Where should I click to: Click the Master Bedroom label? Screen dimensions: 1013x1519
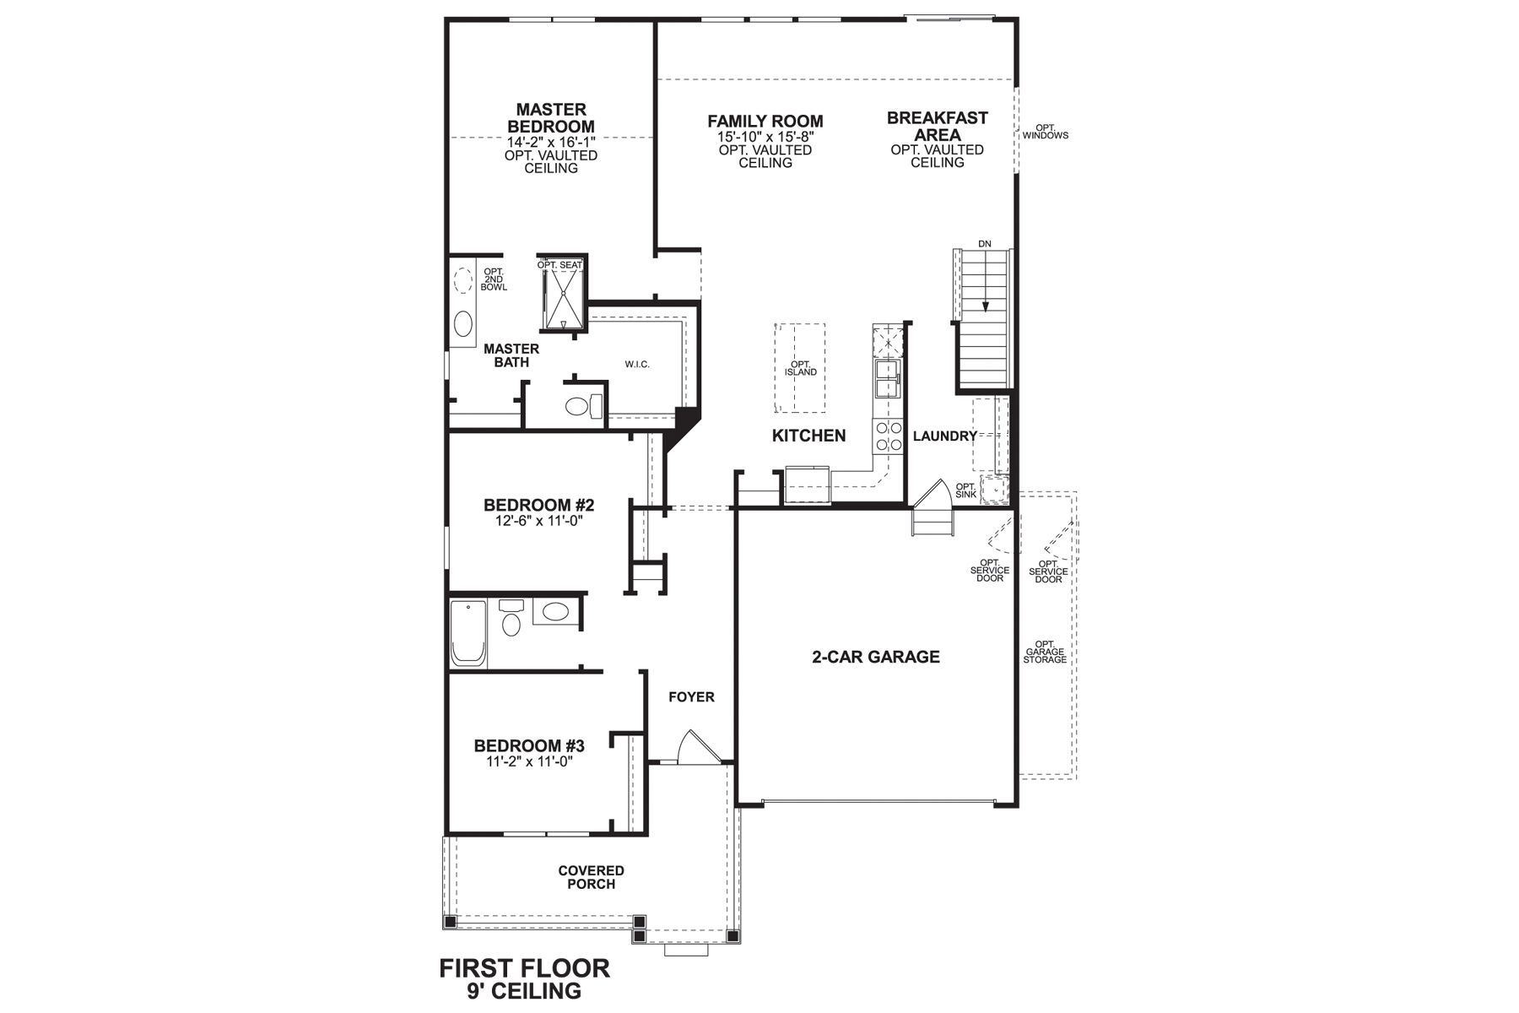pyautogui.click(x=550, y=118)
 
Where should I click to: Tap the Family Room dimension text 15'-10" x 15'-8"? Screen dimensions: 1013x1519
pyautogui.click(x=765, y=136)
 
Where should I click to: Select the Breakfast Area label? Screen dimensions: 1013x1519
pyautogui.click(x=937, y=127)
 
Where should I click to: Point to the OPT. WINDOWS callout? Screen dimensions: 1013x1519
pyautogui.click(x=1045, y=132)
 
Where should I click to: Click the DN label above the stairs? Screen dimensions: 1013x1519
pyautogui.click(x=984, y=244)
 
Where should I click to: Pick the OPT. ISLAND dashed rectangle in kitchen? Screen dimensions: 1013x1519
pyautogui.click(x=800, y=368)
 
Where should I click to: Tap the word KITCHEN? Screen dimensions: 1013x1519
pyautogui.click(x=808, y=436)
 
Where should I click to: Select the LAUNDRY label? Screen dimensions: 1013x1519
pyautogui.click(x=944, y=436)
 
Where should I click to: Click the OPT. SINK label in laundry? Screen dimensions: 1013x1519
pyautogui.click(x=965, y=490)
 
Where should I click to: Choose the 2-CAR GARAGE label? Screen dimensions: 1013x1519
pyautogui.click(x=875, y=657)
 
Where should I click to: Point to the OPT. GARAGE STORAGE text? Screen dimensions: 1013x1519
pyautogui.click(x=1045, y=651)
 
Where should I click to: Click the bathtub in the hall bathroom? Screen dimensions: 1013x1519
pyautogui.click(x=468, y=634)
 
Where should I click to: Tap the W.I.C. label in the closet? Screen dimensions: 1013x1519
pyautogui.click(x=637, y=365)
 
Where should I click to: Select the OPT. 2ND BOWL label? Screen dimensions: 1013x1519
pyautogui.click(x=494, y=279)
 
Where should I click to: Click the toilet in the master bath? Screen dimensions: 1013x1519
pyautogui.click(x=578, y=407)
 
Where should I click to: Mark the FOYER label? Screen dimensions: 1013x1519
pyautogui.click(x=691, y=697)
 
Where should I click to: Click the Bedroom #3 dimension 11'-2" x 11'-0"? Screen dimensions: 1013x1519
pyautogui.click(x=529, y=761)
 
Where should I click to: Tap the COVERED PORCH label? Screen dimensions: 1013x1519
pyautogui.click(x=591, y=877)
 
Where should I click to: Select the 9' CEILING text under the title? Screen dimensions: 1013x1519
pyautogui.click(x=524, y=990)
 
